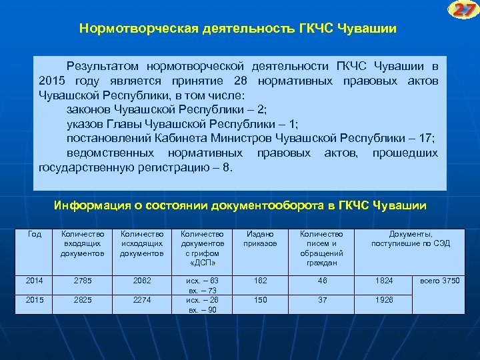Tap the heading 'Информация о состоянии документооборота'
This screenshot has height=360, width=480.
[x=240, y=205]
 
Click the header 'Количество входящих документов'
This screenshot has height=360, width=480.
[x=82, y=243]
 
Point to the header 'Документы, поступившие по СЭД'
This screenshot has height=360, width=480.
[x=410, y=239]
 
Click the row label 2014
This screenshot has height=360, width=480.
[x=34, y=280]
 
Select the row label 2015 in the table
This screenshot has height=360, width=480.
[x=34, y=300]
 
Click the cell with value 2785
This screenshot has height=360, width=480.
[x=82, y=280]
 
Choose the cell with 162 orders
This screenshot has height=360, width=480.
[x=261, y=280]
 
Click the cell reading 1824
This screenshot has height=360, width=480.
[x=384, y=280]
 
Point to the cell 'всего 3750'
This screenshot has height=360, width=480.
[x=439, y=280]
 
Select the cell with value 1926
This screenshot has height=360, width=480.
[x=384, y=300]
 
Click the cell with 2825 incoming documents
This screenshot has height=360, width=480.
[x=82, y=300]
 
